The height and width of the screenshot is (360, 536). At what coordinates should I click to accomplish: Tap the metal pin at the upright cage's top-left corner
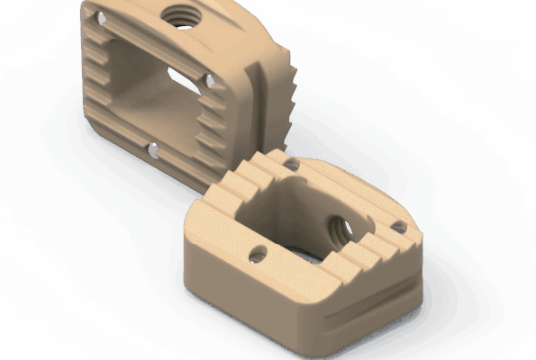(x=101, y=18)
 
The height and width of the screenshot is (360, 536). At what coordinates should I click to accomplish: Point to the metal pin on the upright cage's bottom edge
(x=155, y=149)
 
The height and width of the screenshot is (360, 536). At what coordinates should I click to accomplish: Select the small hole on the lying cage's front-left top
(x=258, y=254)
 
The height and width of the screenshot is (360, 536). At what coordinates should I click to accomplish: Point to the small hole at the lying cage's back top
(x=291, y=165)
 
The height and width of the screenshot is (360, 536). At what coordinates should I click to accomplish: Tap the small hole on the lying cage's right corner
(x=399, y=229)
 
